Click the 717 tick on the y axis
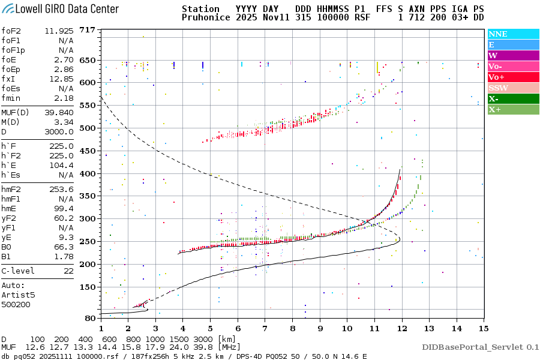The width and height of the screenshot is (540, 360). click(88, 30)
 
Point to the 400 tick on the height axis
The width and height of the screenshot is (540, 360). click(88, 173)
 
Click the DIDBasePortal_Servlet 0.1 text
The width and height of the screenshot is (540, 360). click(480, 347)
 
